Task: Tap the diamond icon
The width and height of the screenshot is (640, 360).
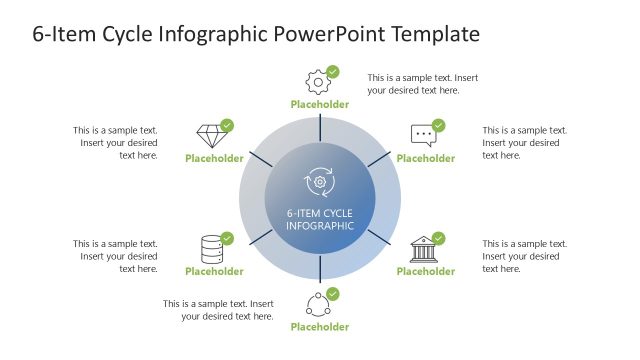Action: [x=210, y=135]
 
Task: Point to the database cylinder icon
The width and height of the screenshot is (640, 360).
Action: [x=211, y=248]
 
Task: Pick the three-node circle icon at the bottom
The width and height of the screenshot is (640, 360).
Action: [x=317, y=303]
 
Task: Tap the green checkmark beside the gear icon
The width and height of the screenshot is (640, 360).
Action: [x=333, y=72]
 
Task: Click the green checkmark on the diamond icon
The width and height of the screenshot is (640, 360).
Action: [x=227, y=125]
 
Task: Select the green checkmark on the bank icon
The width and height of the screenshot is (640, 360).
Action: [x=438, y=238]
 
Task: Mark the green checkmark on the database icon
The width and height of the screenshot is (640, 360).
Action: [x=227, y=238]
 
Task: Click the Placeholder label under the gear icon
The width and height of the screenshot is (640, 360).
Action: [x=320, y=104]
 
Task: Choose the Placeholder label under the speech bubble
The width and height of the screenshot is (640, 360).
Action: [x=426, y=158]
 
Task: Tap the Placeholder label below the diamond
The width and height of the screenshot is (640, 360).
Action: [x=214, y=158]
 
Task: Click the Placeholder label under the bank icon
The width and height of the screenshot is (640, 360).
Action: [x=426, y=271]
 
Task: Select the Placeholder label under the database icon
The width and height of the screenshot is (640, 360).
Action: [x=214, y=271]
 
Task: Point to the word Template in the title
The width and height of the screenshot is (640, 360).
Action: [x=436, y=35]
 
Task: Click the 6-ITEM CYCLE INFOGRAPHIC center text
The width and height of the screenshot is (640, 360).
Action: [x=320, y=219]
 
